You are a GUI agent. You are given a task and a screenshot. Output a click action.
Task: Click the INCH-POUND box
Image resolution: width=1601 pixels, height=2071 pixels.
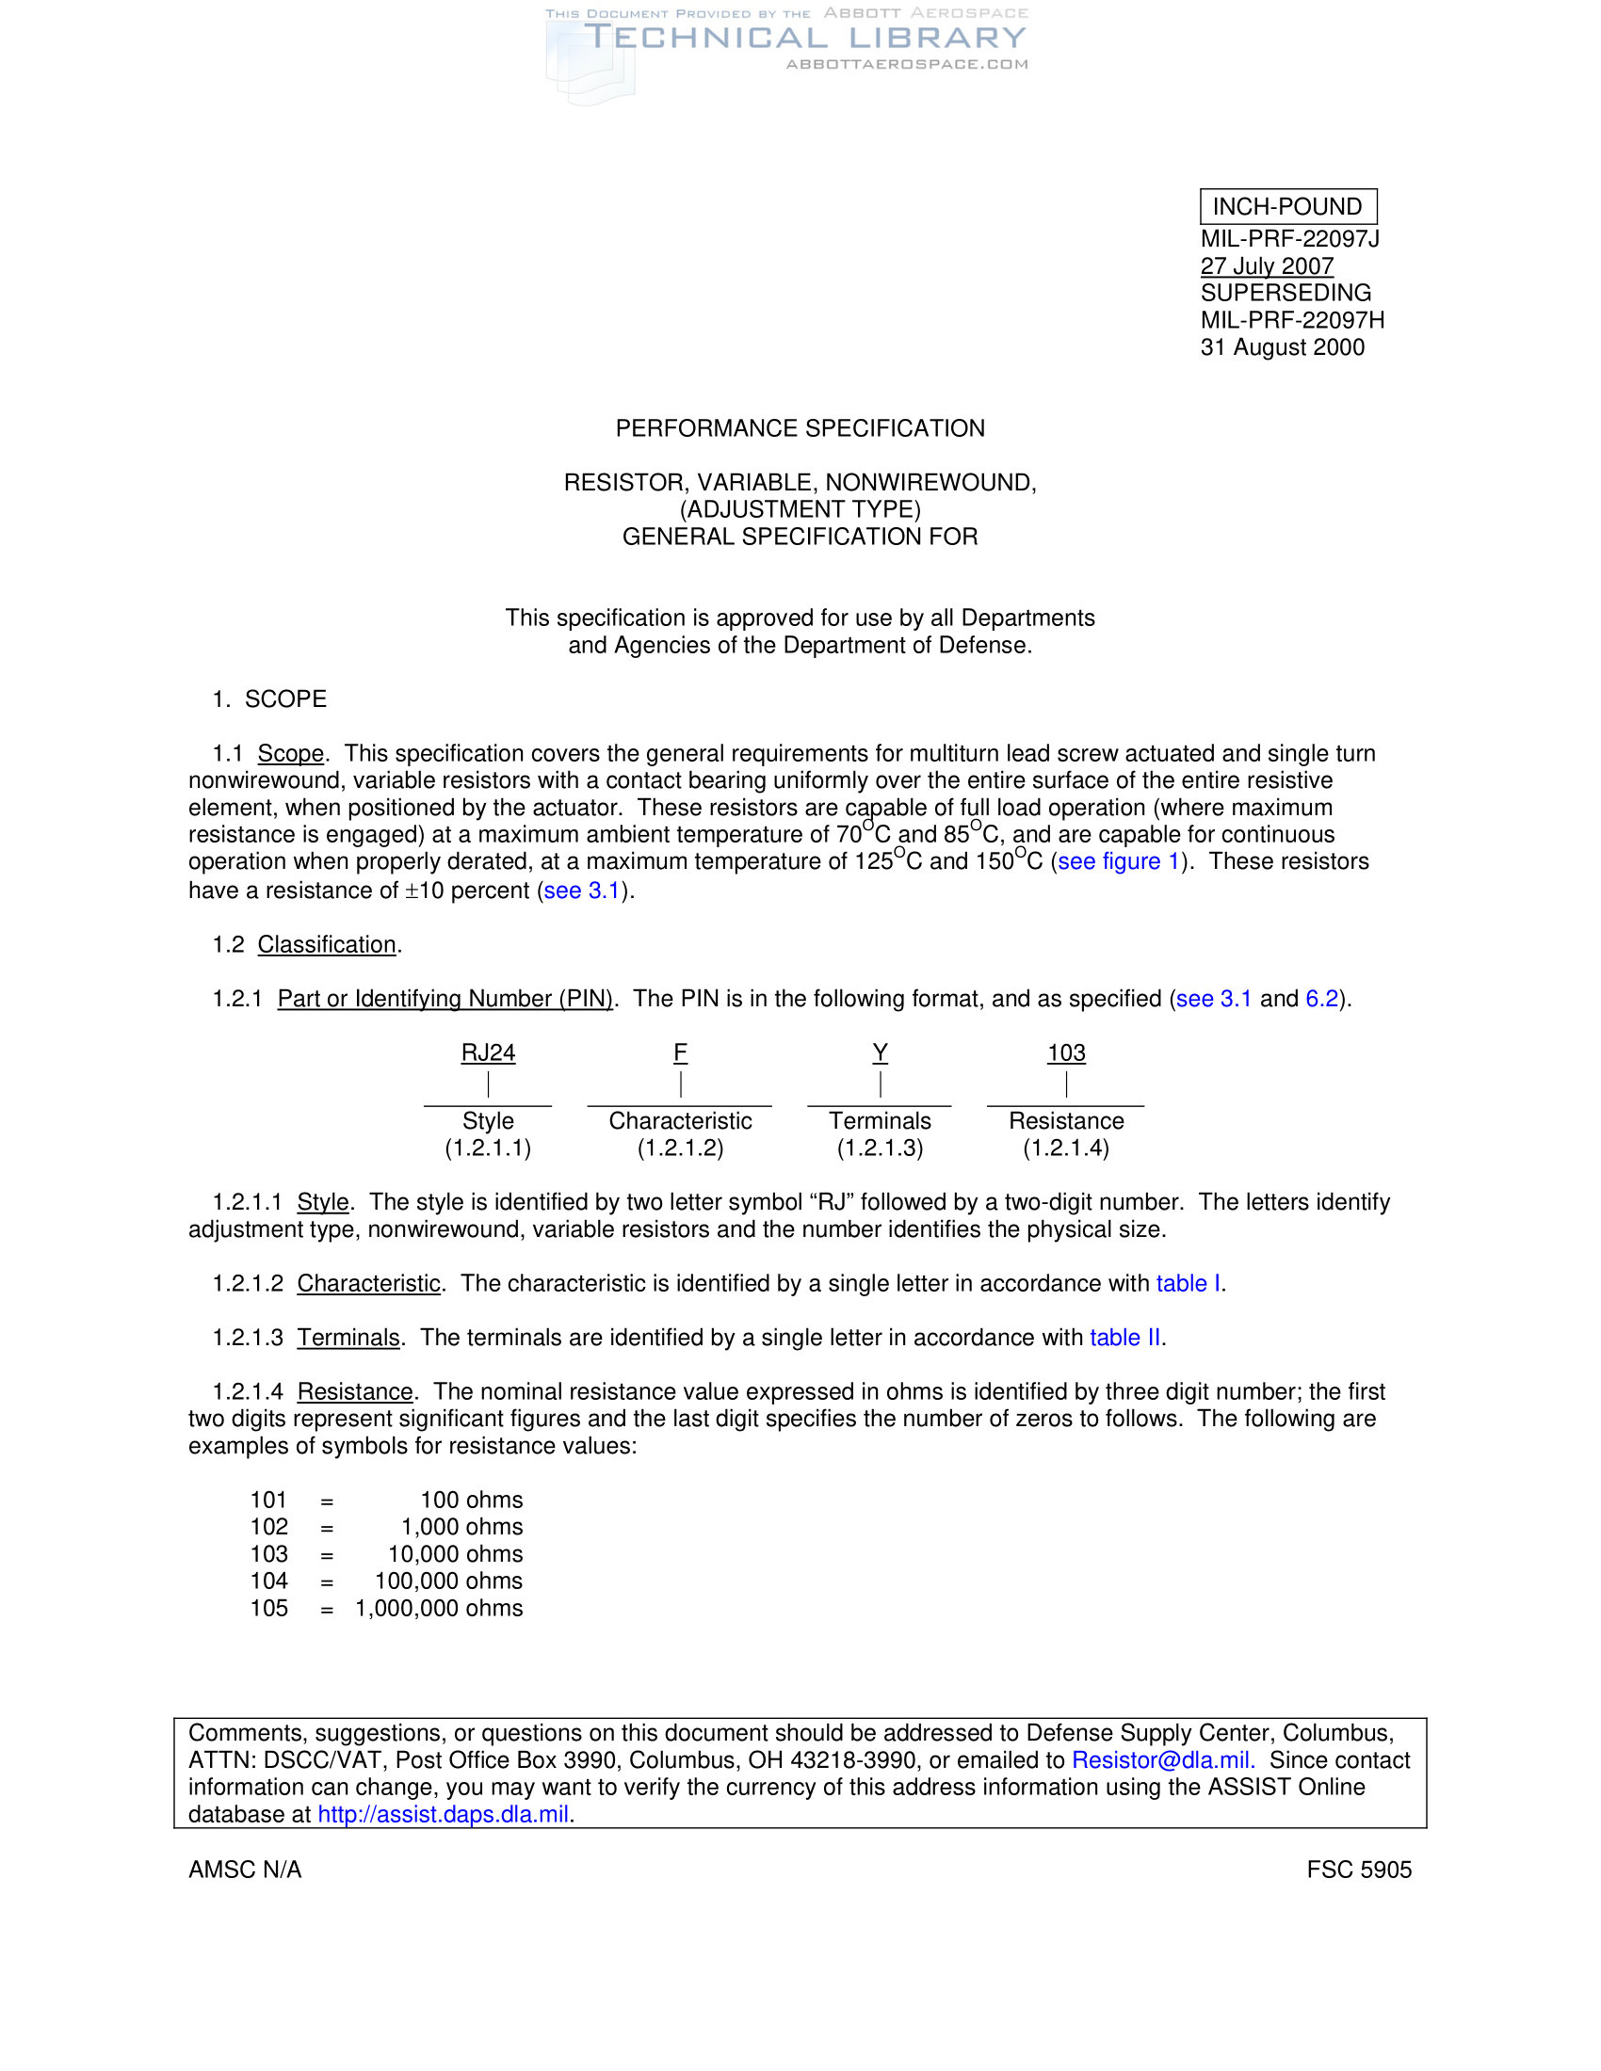(x=1287, y=207)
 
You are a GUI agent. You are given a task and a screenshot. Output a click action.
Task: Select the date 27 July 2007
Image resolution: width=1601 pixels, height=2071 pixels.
(x=1266, y=266)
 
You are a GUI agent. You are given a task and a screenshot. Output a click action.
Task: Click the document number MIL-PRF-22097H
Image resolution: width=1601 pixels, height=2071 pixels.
(x=1292, y=320)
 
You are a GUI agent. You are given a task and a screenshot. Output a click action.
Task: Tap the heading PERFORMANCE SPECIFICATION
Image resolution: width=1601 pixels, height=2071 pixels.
(x=800, y=428)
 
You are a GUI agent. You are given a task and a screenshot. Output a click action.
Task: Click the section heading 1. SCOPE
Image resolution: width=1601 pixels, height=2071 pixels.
(x=269, y=698)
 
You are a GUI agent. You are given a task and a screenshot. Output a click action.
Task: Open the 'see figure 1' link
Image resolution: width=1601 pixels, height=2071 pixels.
(x=1117, y=861)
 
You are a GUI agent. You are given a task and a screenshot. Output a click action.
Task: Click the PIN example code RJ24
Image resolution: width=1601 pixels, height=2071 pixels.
(x=488, y=1052)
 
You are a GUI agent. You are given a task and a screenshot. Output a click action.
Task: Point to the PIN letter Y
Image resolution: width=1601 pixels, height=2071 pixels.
(x=881, y=1052)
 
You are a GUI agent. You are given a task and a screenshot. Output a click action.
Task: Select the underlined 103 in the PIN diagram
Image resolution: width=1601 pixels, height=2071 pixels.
(x=1066, y=1052)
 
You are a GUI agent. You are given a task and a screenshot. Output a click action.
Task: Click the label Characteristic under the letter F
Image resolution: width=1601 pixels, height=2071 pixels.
(x=680, y=1121)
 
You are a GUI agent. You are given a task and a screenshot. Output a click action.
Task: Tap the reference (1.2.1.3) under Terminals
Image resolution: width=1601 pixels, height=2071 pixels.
(x=880, y=1148)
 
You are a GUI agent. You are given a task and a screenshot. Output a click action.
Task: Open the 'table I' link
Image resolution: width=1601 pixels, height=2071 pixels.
(x=1188, y=1283)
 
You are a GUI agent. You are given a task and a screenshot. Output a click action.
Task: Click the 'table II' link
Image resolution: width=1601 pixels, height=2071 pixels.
(x=1124, y=1337)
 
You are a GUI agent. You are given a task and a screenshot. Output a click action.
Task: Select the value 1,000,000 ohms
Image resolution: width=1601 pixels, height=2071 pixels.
(x=439, y=1608)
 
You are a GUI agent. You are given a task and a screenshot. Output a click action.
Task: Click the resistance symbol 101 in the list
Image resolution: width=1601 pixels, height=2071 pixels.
(x=268, y=1501)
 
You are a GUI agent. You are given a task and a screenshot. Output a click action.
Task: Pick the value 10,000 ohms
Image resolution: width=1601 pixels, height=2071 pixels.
(x=455, y=1554)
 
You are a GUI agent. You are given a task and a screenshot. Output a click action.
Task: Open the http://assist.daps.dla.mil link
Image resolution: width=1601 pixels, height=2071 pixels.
(x=443, y=1814)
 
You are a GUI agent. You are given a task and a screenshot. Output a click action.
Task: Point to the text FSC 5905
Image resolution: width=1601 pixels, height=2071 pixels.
(x=1358, y=1870)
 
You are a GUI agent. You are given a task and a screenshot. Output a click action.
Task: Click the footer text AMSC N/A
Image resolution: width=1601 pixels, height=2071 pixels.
(x=245, y=1870)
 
